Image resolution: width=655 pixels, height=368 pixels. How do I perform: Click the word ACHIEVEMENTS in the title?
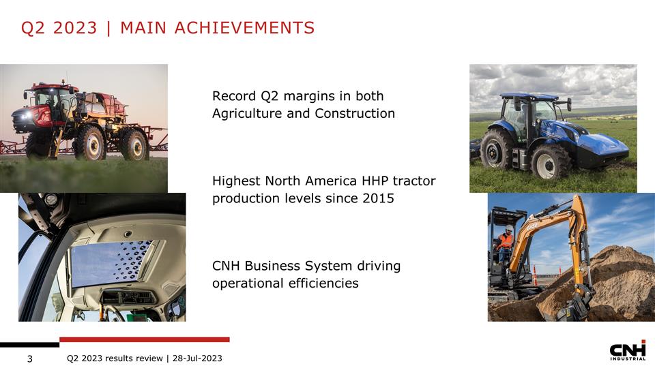[244, 28]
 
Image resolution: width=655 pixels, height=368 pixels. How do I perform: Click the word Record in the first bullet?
[234, 96]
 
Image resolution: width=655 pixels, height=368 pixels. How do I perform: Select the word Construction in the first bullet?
[355, 113]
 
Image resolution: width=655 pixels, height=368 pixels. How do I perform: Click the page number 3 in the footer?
[30, 358]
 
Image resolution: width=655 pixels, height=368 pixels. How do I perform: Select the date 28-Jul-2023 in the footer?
[197, 358]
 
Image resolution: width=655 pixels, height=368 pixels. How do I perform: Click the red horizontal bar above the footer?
[145, 339]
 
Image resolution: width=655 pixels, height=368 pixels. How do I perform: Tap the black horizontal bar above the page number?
[29, 344]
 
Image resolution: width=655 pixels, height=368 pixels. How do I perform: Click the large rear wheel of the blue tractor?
[497, 151]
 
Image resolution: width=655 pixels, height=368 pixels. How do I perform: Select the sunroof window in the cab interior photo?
[113, 261]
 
